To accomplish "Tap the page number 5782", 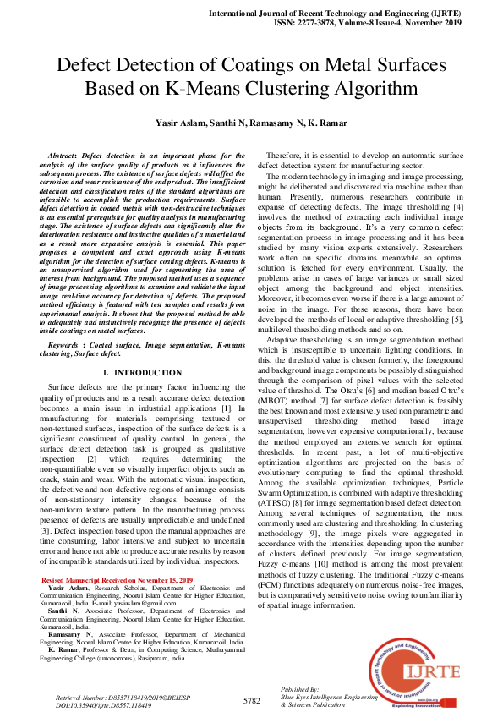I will [x=251, y=701].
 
